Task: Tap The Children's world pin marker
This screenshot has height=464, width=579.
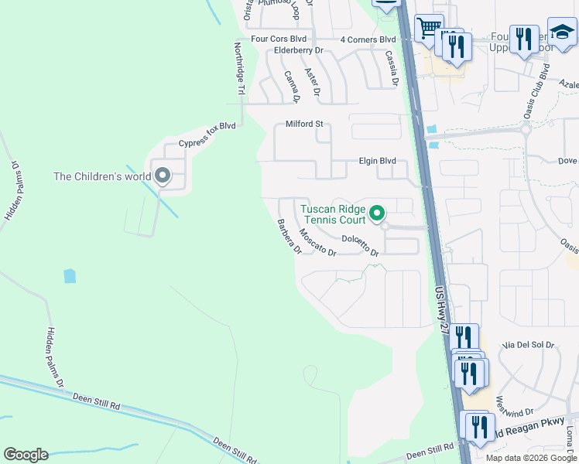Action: [163, 176]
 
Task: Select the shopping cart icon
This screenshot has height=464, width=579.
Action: [428, 29]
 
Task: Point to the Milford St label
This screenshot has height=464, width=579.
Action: [303, 124]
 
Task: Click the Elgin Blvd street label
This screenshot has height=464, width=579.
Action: [377, 161]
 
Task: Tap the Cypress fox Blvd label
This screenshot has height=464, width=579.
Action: [206, 135]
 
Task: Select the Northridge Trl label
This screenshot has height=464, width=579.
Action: [240, 69]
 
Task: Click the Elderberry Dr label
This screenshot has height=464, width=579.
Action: [298, 50]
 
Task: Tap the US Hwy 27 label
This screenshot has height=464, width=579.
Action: [441, 309]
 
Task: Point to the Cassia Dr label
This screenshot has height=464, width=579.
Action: [392, 68]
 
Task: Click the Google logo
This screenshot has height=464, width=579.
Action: [25, 455]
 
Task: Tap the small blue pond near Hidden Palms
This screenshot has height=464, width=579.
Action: [70, 275]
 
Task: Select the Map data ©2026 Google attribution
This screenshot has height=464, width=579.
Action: [532, 458]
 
